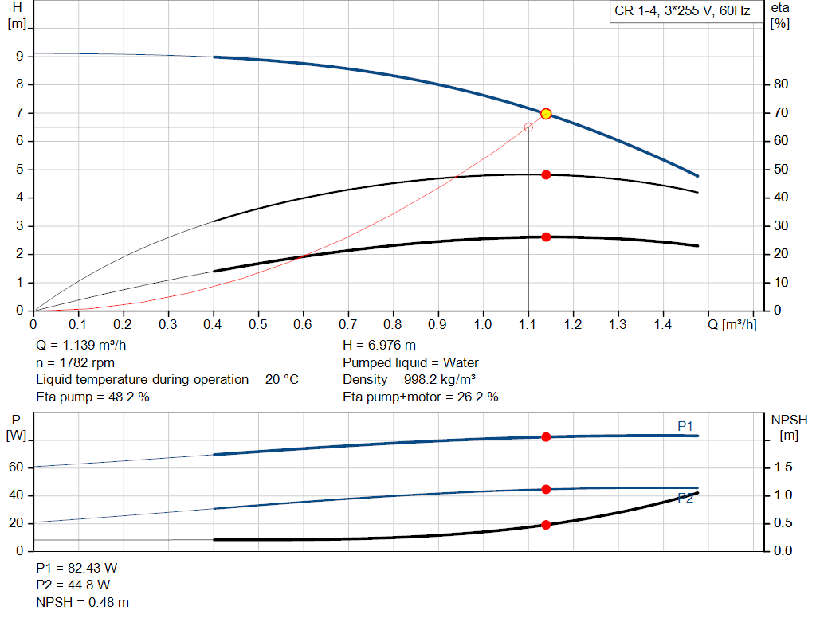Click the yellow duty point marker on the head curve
pos(546,114)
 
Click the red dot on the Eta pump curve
pos(546,174)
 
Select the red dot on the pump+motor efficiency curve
pos(546,237)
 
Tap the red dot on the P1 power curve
pos(546,436)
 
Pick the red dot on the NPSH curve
pos(546,525)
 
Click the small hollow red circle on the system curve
pos(528,127)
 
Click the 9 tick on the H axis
pos(18,57)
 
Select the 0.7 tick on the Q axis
pos(347,325)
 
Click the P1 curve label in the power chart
pos(685,427)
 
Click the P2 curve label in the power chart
pos(685,499)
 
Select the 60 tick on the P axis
pos(15,467)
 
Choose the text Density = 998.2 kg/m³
pos(409,380)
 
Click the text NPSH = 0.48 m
pos(82,602)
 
